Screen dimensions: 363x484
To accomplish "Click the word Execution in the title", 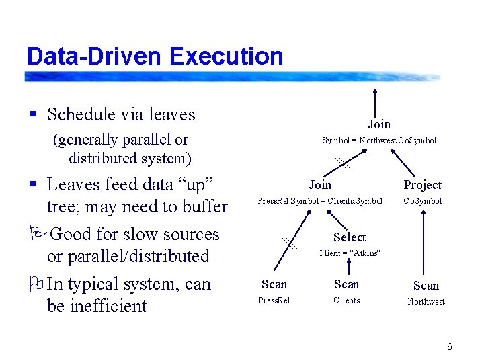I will (x=227, y=56).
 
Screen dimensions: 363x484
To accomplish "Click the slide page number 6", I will (x=449, y=346).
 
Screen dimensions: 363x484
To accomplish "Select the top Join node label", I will (x=379, y=124).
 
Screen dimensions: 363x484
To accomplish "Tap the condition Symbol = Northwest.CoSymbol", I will (x=379, y=140).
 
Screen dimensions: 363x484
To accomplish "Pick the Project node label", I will (x=422, y=185).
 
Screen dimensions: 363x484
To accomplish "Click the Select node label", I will (x=350, y=237).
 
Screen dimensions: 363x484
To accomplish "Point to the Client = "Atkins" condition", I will (x=350, y=253).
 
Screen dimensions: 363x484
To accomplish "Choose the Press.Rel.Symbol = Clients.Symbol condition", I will (x=320, y=201).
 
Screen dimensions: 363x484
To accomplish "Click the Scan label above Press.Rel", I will (x=274, y=284).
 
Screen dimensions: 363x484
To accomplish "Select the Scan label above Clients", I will (x=347, y=284).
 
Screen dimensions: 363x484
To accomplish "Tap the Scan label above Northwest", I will (x=426, y=286).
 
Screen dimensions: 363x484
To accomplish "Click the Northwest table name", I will (x=426, y=302).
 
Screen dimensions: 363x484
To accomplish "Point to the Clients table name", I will (x=347, y=300).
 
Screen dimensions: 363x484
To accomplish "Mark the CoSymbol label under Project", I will (x=422, y=201).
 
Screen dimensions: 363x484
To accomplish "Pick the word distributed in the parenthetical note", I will (x=101, y=159).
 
